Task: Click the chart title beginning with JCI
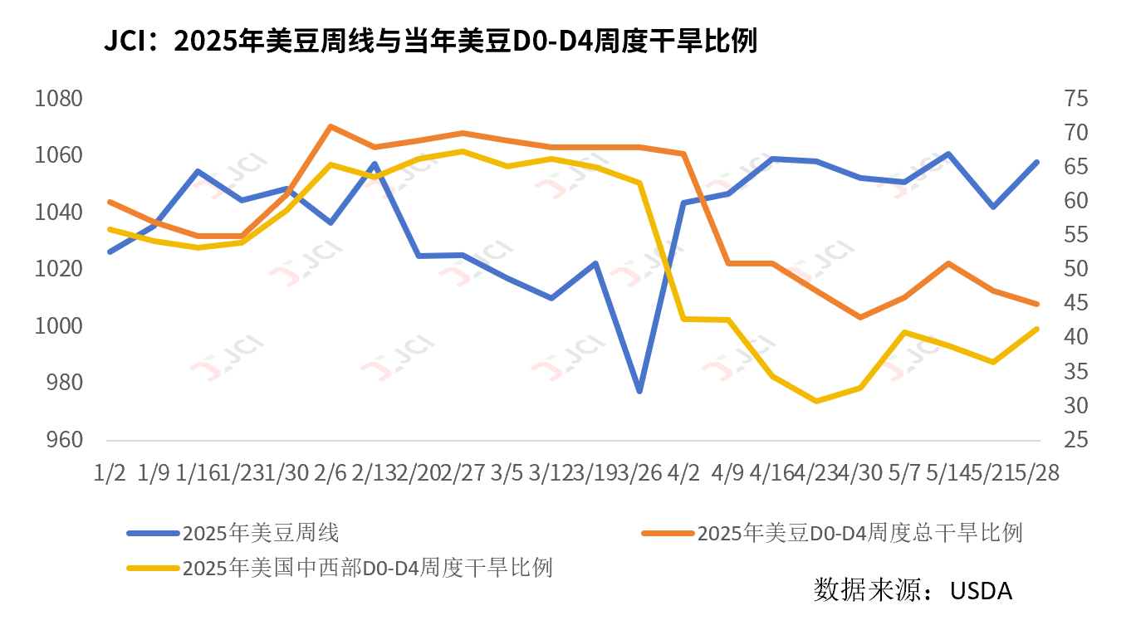430,42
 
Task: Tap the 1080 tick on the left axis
59,99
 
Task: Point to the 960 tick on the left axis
59,439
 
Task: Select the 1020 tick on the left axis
59,269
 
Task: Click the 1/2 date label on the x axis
110,472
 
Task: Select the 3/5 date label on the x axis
507,472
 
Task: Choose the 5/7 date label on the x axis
904,472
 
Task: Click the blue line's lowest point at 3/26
639,391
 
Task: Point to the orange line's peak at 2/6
331,127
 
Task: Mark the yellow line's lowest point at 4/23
816,401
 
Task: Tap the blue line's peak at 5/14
948,154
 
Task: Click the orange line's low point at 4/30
860,317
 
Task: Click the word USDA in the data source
982,591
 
